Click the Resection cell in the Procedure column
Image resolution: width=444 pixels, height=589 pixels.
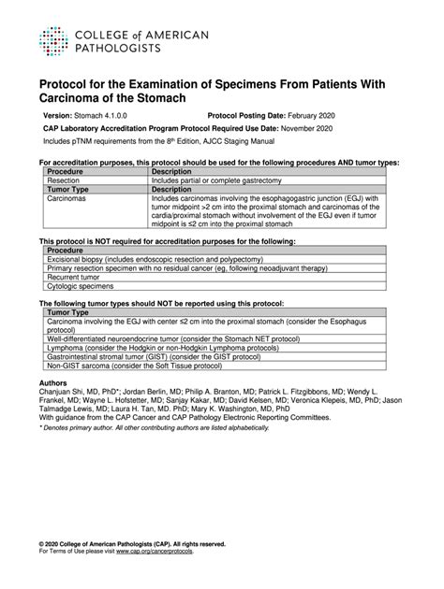point(65,180)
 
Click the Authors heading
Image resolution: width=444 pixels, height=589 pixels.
point(53,383)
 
